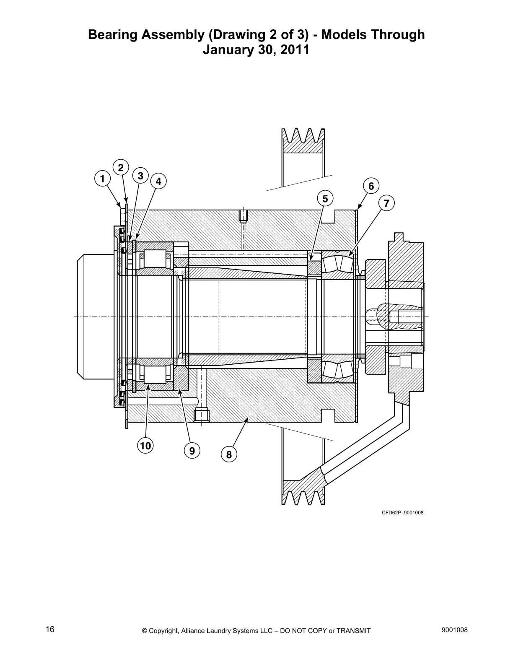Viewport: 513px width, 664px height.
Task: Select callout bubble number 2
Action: [x=120, y=168]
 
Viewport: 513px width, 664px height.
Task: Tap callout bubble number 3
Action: [x=140, y=176]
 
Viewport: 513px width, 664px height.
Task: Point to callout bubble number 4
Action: [x=158, y=182]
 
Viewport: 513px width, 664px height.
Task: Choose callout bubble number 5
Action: [x=325, y=198]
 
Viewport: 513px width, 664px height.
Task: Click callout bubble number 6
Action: [x=371, y=186]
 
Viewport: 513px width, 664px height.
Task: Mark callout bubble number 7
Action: [x=386, y=204]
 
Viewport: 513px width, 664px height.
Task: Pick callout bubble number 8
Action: [x=229, y=454]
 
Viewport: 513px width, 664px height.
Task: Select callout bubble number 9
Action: [x=192, y=451]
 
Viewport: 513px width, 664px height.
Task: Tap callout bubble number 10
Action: [x=145, y=446]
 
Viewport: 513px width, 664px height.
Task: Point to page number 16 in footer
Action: [x=50, y=630]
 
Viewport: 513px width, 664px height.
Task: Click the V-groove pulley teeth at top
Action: [x=303, y=136]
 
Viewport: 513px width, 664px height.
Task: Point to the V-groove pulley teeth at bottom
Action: [x=303, y=498]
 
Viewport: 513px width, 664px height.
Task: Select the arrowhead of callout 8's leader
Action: [x=248, y=419]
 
